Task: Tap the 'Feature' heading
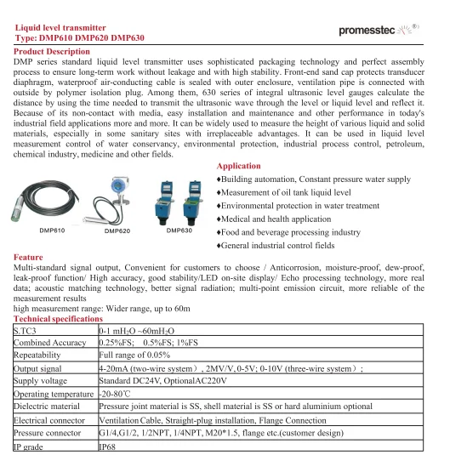click(30, 256)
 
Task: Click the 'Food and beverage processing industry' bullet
click(289, 231)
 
